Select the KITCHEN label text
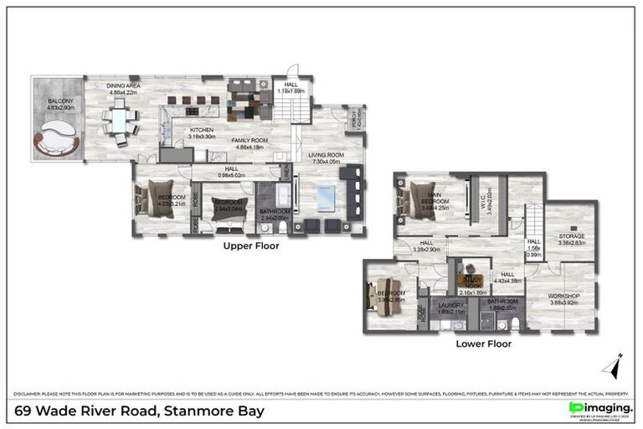point(202,131)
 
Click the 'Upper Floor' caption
point(251,247)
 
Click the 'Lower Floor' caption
point(483,343)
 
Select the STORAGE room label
point(572,237)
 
